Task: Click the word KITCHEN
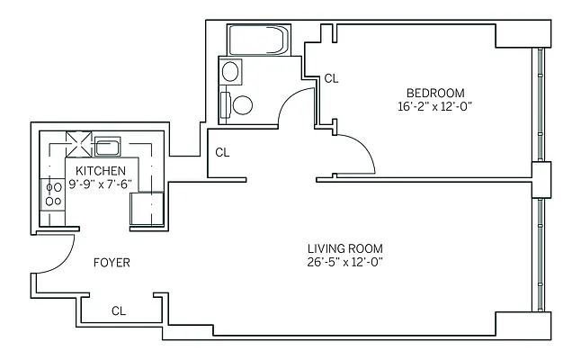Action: (x=100, y=171)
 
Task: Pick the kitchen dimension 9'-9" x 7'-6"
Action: (x=100, y=184)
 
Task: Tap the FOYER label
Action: (x=112, y=263)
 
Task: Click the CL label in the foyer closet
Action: (x=119, y=310)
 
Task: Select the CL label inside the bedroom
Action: (x=331, y=78)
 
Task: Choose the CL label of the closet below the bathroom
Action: (x=222, y=152)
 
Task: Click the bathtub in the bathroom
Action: (x=258, y=40)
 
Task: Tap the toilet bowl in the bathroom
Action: (x=241, y=104)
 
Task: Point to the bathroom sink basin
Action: (x=231, y=72)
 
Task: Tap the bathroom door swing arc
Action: (x=292, y=108)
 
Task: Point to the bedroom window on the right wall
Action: (x=539, y=103)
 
